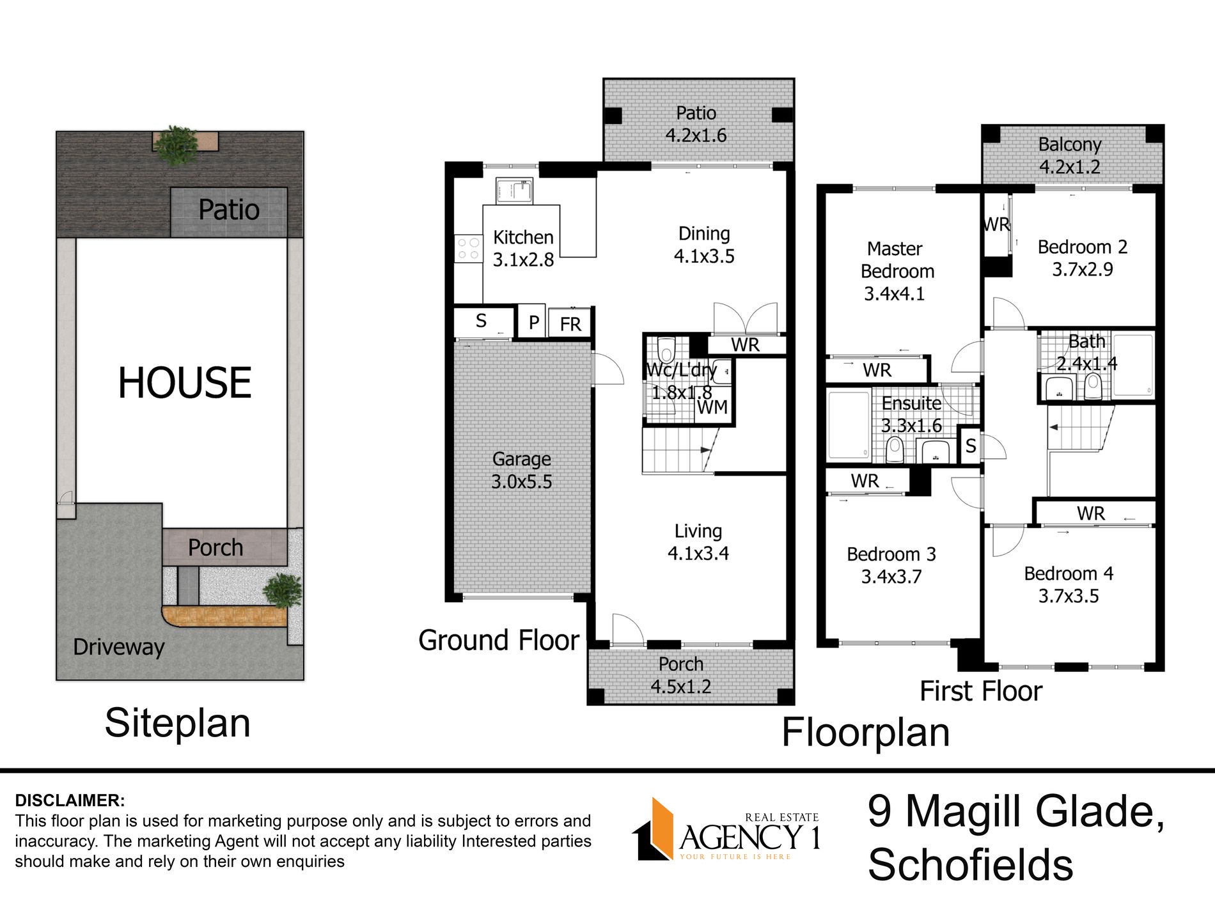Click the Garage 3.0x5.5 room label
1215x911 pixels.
[521, 470]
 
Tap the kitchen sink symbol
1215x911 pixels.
[513, 191]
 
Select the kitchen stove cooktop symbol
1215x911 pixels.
[468, 249]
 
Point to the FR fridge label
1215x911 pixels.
[570, 324]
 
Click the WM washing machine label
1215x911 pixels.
[712, 407]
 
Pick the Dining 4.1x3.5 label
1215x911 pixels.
[704, 245]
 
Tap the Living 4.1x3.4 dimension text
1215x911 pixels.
[698, 553]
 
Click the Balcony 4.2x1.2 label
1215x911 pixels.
[1070, 155]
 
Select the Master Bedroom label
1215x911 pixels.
[897, 260]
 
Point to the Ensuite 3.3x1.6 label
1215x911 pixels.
[911, 414]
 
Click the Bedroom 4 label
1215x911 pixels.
[1069, 573]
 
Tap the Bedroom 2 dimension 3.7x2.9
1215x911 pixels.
[1083, 269]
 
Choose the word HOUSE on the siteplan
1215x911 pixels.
[185, 383]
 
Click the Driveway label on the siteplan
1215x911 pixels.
[119, 647]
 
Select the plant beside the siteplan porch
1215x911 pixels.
[282, 590]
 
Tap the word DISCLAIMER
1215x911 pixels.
[70, 800]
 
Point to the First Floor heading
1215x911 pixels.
[981, 691]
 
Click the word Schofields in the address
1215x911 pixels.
[971, 865]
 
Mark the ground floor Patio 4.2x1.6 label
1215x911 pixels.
[696, 124]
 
